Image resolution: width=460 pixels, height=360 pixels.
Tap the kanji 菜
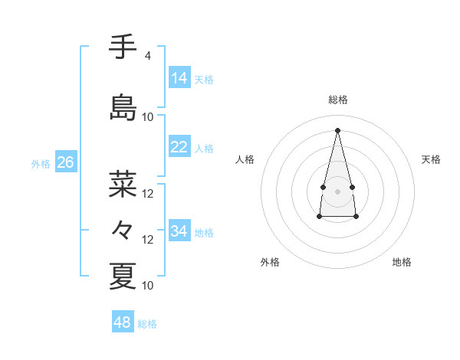click(123, 185)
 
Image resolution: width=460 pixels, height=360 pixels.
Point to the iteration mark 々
click(123, 230)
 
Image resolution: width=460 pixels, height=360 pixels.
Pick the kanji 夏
click(123, 277)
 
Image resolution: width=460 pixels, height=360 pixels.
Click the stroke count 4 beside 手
click(147, 56)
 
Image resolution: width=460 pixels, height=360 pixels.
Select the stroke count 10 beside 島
click(148, 117)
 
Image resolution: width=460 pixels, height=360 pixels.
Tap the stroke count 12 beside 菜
click(148, 194)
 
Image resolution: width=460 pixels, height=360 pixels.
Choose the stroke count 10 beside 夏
click(148, 286)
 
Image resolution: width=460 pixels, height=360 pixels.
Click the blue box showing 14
click(179, 77)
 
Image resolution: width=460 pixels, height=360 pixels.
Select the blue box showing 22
click(179, 147)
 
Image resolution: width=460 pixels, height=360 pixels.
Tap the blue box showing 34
click(179, 231)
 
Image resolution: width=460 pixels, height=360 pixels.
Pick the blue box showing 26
click(65, 162)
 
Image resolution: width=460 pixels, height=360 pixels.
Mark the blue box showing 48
click(123, 322)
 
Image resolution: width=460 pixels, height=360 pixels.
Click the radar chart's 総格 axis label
click(337, 100)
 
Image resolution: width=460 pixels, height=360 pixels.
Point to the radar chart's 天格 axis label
click(431, 159)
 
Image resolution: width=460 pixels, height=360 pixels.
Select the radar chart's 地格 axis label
click(402, 262)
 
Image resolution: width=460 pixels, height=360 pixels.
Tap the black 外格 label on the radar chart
click(270, 262)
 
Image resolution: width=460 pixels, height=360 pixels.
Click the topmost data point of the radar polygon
click(337, 130)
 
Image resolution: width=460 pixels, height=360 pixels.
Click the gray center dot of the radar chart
click(337, 191)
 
